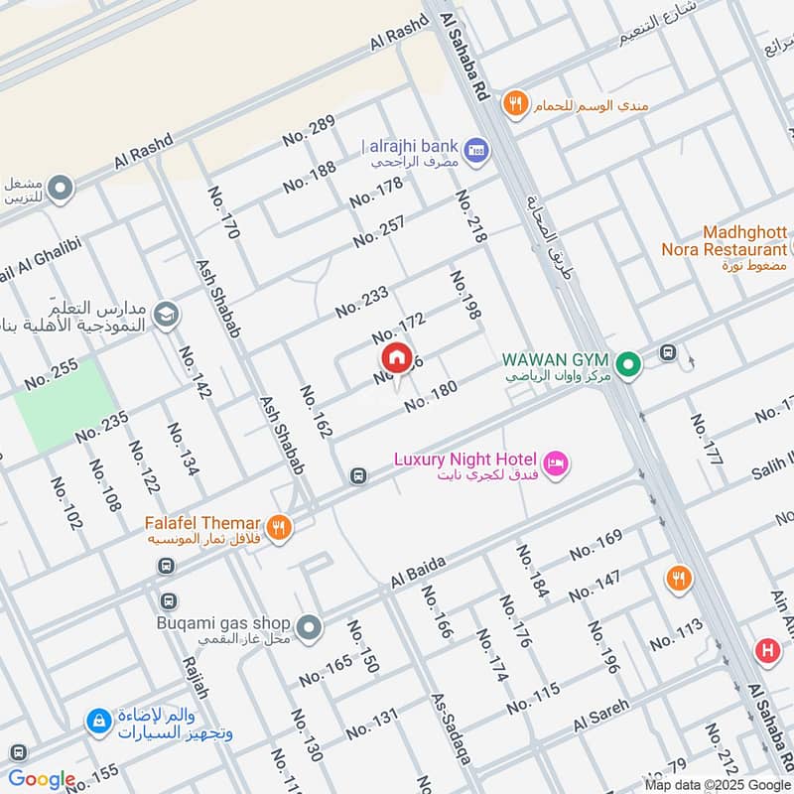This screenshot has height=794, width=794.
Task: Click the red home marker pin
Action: (x=395, y=357)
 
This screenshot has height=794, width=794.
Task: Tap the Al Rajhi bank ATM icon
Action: (x=475, y=147)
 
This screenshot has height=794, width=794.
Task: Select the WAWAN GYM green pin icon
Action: (x=626, y=366)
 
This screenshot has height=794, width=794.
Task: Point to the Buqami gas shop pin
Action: (x=310, y=627)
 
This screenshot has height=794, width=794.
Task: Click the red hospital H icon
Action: (x=765, y=651)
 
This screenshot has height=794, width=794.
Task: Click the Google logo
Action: (x=42, y=779)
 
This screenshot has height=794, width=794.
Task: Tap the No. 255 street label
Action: (x=51, y=373)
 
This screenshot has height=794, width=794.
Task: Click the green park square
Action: (x=64, y=404)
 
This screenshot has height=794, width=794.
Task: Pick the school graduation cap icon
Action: (x=166, y=314)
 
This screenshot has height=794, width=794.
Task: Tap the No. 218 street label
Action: (x=471, y=217)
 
